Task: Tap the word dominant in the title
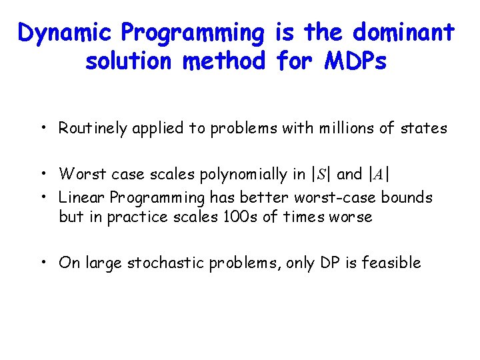click(403, 32)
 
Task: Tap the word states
click(423, 128)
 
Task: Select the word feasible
click(393, 263)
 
